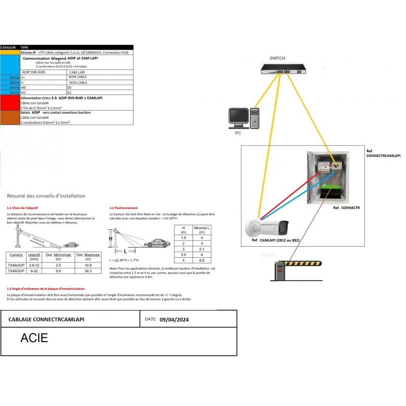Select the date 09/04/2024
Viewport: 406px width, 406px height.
175,320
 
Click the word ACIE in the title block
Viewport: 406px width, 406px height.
34,338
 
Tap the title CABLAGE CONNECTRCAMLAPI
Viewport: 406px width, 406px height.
47,320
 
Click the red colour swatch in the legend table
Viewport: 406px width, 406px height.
10,102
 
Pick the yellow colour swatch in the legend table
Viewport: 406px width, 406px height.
10,52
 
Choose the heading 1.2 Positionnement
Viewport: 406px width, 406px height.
124,208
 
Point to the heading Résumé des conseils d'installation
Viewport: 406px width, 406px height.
46,196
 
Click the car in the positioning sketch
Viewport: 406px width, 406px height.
156,243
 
